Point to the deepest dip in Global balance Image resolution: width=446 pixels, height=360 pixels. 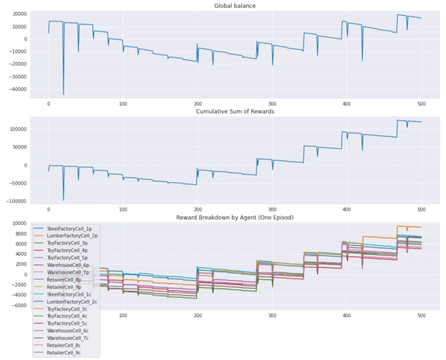click(64, 94)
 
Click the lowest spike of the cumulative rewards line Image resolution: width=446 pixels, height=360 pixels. click(64, 200)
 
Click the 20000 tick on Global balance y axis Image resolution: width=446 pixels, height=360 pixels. click(19, 14)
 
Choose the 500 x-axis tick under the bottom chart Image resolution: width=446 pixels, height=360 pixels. click(421, 316)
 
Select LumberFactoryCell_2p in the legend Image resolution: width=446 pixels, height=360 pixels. click(72, 236)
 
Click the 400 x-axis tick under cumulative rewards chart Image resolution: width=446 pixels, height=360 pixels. click(347, 210)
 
